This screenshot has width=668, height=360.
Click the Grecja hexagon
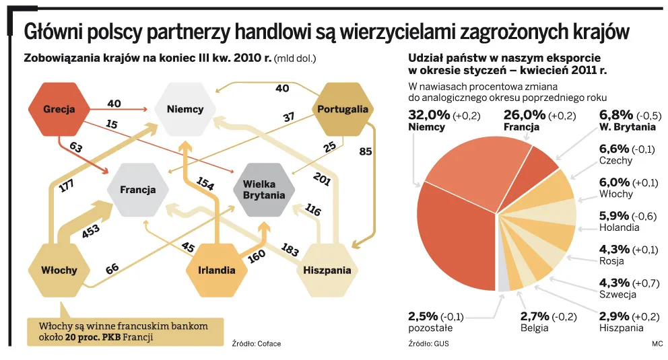[x=58, y=108]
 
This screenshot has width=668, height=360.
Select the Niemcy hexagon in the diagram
[x=185, y=108]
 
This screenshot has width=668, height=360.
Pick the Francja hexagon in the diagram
[x=137, y=189]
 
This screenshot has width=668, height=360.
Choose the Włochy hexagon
[x=59, y=270]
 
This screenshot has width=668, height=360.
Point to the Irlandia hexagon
[x=216, y=271]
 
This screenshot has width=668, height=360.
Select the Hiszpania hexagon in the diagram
[x=327, y=270]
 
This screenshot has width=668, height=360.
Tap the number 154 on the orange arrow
[x=205, y=184]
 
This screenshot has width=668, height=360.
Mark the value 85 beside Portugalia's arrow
[x=365, y=151]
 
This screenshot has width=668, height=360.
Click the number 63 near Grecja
[x=75, y=147]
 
